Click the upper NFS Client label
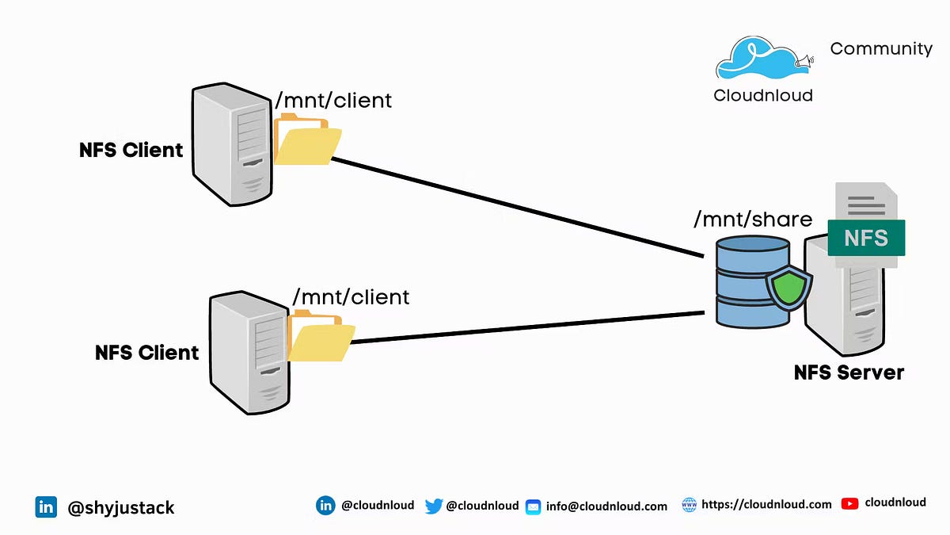(131, 150)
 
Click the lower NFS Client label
(146, 352)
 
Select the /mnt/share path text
(752, 220)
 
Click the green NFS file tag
(865, 239)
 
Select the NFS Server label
(849, 372)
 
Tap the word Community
(881, 49)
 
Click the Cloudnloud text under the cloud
(762, 96)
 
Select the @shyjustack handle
(121, 508)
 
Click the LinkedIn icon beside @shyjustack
(46, 507)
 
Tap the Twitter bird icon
(433, 506)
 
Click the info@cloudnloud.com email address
(606, 506)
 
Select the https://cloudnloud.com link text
(766, 504)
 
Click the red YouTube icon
(849, 503)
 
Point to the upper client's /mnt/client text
(332, 101)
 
